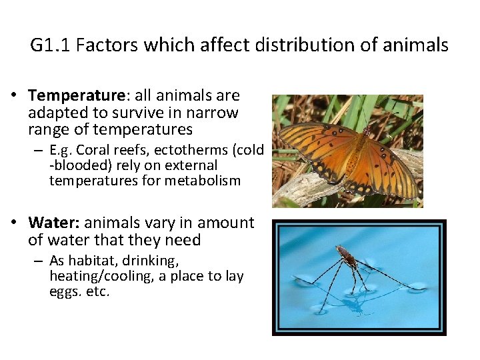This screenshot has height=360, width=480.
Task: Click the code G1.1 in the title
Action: (50, 45)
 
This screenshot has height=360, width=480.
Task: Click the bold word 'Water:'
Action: (54, 223)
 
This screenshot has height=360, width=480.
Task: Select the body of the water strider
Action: (346, 256)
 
